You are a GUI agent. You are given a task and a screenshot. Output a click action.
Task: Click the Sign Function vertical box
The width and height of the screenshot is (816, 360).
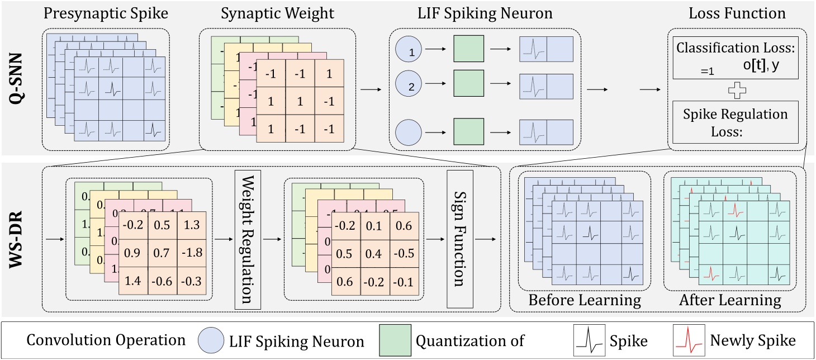(460, 240)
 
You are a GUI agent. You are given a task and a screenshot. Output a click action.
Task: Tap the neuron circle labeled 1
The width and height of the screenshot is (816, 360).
(410, 53)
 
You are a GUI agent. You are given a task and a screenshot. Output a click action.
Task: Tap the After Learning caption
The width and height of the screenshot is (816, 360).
(730, 300)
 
